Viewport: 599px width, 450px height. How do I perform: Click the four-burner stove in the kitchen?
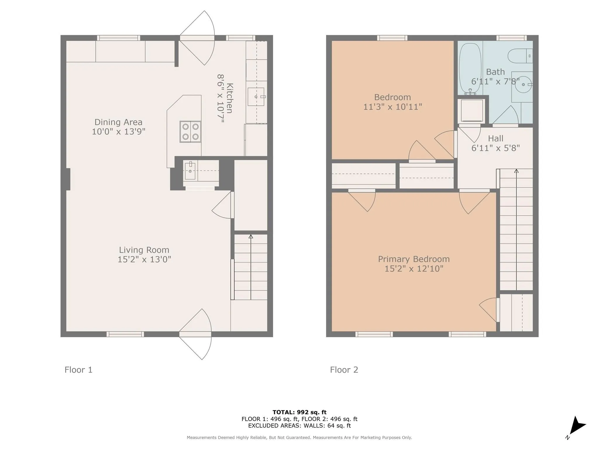190,132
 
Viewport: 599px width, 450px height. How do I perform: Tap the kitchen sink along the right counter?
256,97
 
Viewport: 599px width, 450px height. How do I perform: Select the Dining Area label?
118,122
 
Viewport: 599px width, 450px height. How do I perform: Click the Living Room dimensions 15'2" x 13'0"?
144,259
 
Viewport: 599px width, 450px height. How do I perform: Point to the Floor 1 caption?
78,370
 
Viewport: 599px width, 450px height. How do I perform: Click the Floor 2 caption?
344,370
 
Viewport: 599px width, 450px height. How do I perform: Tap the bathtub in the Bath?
470,69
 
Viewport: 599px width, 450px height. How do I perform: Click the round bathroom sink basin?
523,84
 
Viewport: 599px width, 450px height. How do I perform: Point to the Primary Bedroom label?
414,259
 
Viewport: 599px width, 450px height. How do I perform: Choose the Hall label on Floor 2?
495,138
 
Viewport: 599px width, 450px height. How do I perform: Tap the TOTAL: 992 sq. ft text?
299,412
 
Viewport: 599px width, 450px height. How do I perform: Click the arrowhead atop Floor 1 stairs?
251,236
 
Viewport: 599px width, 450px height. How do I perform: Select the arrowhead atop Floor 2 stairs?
517,171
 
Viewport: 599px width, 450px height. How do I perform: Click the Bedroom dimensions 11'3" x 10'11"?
393,107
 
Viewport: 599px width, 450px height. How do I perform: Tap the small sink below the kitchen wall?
190,171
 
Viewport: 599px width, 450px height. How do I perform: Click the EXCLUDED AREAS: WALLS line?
299,426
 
